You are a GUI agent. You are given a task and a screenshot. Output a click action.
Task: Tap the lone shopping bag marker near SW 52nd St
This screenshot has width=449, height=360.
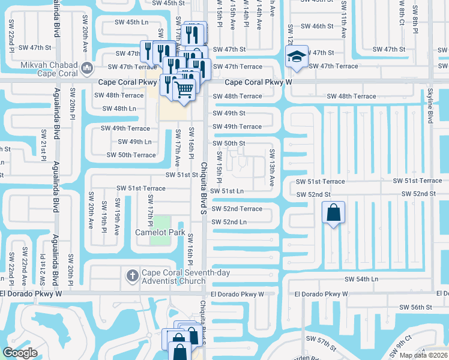333,212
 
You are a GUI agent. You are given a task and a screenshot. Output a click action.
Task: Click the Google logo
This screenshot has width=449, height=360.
20,353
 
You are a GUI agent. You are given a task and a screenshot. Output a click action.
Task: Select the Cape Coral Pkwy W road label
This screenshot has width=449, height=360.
258,82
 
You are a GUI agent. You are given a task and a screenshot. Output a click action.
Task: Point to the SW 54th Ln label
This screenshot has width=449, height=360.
362,280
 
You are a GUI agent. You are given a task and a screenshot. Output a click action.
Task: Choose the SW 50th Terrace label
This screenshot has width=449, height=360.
131,155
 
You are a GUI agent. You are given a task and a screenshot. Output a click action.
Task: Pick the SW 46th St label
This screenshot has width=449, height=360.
316,26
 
